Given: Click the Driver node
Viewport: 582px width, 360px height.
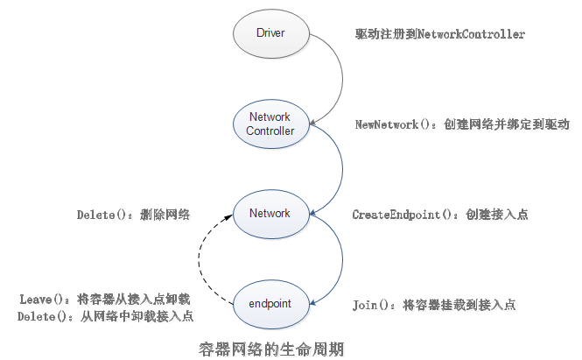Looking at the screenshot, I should click(271, 34).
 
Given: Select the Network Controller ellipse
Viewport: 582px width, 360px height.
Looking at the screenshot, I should click(270, 124).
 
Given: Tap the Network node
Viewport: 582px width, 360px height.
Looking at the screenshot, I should click(270, 214).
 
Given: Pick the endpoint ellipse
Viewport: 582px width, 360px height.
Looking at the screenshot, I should click(270, 304).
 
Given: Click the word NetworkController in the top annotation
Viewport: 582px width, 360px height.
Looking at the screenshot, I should click(472, 34).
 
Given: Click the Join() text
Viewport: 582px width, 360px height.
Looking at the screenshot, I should click(374, 305).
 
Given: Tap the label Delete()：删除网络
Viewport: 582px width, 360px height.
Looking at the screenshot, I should click(133, 215).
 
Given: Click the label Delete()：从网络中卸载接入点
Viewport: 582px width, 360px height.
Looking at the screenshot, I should click(105, 315).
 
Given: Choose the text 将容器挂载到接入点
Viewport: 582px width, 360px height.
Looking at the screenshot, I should click(459, 305).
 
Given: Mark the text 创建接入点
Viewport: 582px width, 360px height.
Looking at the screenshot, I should click(496, 215).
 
